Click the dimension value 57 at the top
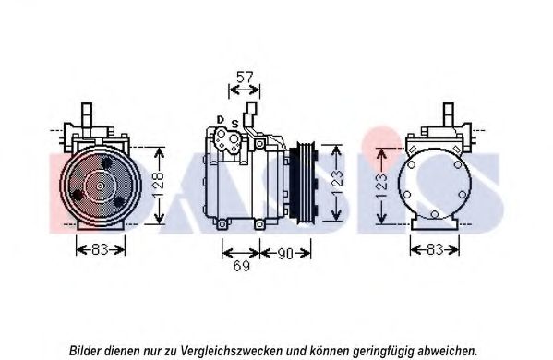tap(245, 77)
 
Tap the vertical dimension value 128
tap(159, 186)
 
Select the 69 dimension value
tap(242, 266)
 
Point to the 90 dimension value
tap(285, 254)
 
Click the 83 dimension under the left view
tap(100, 249)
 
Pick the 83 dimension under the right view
tap(435, 249)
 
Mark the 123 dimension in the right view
tap(381, 186)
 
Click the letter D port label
tap(221, 120)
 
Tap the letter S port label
tap(234, 124)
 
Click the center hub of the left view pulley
tap(100, 186)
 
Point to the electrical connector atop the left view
tap(87, 119)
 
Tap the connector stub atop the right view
tap(449, 115)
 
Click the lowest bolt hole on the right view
tap(435, 214)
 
